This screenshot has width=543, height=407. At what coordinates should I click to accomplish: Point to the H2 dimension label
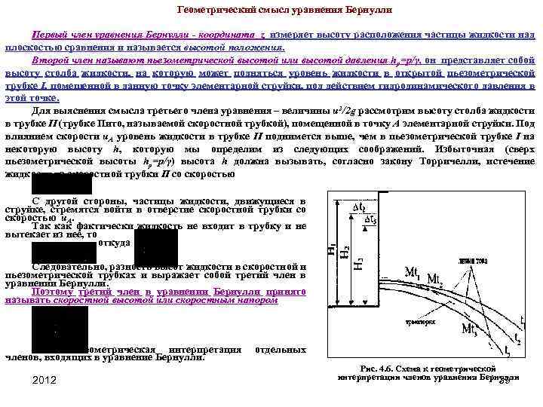click(345, 253)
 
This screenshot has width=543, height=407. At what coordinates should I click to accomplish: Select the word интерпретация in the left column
click(204, 350)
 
